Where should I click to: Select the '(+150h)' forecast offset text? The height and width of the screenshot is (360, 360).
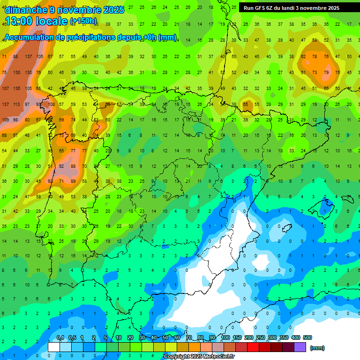coord(83,21)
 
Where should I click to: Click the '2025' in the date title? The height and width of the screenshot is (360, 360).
coord(114,10)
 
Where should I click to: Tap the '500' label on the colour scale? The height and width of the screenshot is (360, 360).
coord(307,337)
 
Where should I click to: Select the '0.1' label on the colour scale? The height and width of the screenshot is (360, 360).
coord(60,337)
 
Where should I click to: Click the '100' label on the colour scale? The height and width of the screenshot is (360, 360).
coord(225,337)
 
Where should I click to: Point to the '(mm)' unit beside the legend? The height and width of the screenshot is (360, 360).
coord(317,348)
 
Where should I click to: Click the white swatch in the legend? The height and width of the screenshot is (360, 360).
coord(54,347)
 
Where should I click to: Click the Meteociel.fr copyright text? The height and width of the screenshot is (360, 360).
coord(199,357)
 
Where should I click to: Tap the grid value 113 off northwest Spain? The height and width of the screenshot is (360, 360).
coord(16,104)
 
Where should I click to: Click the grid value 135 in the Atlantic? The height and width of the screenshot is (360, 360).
coord(16,88)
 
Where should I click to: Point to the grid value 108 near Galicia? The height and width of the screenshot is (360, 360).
coord(51,104)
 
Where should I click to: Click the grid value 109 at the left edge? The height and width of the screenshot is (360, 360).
coord(5,120)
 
